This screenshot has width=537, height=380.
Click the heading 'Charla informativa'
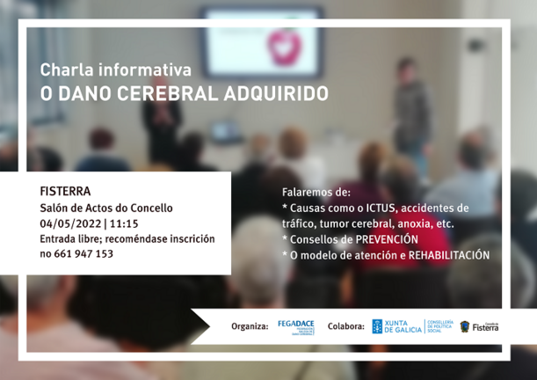pos(115,69)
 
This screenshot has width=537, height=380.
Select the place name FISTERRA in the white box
pos(65,191)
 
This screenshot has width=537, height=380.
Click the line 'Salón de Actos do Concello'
pos(106,208)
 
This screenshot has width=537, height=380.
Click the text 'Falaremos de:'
pos(316,192)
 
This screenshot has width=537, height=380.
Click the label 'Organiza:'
pos(250,326)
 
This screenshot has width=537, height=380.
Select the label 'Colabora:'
pos(345,326)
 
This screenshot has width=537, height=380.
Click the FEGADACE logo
pos(295,326)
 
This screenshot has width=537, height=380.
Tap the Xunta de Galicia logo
pos(397,326)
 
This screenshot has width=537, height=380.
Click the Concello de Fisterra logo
pos(479,326)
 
